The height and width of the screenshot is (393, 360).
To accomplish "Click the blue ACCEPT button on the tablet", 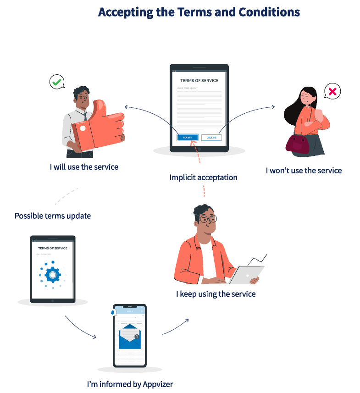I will pos(188,137).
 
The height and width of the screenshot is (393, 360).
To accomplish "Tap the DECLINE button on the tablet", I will pos(211,138).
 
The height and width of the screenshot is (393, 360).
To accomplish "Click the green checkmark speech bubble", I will pos(56,83).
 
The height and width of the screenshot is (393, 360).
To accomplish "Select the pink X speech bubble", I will pos(332,92).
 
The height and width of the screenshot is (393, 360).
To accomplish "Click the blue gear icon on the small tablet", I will pos(52,275).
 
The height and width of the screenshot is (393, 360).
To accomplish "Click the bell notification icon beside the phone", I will pos(112,312).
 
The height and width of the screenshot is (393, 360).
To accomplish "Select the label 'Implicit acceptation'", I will pos(203,177).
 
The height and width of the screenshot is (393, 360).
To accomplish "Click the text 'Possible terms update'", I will pos(53,216).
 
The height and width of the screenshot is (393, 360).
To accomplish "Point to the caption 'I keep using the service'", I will pos(216,293).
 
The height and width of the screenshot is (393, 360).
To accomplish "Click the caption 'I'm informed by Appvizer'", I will pos(130,384).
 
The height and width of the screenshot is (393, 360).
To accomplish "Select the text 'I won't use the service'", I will pos(304,171).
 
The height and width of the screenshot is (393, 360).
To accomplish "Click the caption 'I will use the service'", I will pos(84,166).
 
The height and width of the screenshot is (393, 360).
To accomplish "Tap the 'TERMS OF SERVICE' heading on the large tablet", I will pos(199,81).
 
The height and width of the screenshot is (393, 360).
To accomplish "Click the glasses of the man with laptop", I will pos(207,219).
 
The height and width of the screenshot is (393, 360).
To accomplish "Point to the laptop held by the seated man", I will pos(246,274).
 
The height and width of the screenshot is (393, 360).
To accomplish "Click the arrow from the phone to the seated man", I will pos(175,327).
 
